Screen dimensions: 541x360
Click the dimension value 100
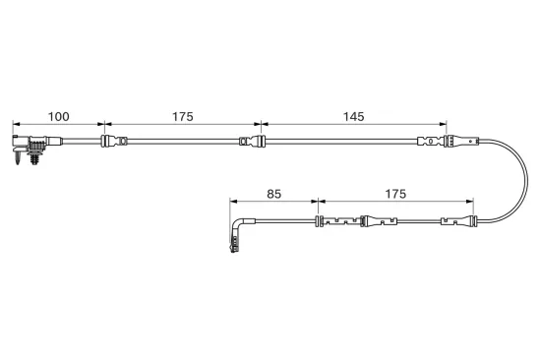59,117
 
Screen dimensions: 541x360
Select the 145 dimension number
354,117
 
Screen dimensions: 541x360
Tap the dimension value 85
274,194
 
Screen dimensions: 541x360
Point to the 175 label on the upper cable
183,117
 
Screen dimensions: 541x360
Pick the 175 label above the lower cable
395,194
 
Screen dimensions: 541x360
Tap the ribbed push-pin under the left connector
34,156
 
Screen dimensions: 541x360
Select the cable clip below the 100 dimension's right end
114,142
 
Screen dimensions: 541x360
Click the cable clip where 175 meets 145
253,142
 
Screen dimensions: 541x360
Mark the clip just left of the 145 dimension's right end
430,142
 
